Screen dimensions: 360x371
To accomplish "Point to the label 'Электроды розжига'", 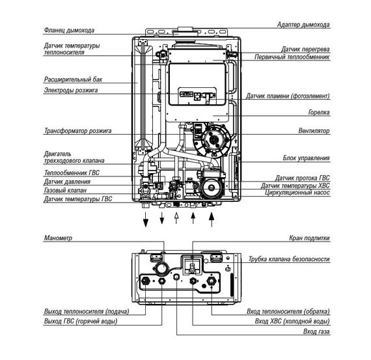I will (70, 90).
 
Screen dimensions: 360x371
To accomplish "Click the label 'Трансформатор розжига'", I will (77, 131).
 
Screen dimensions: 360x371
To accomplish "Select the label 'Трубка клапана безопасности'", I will (289, 259).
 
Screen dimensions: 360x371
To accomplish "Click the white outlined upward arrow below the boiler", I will (175, 217).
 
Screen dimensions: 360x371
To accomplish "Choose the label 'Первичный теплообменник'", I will (293, 57).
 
